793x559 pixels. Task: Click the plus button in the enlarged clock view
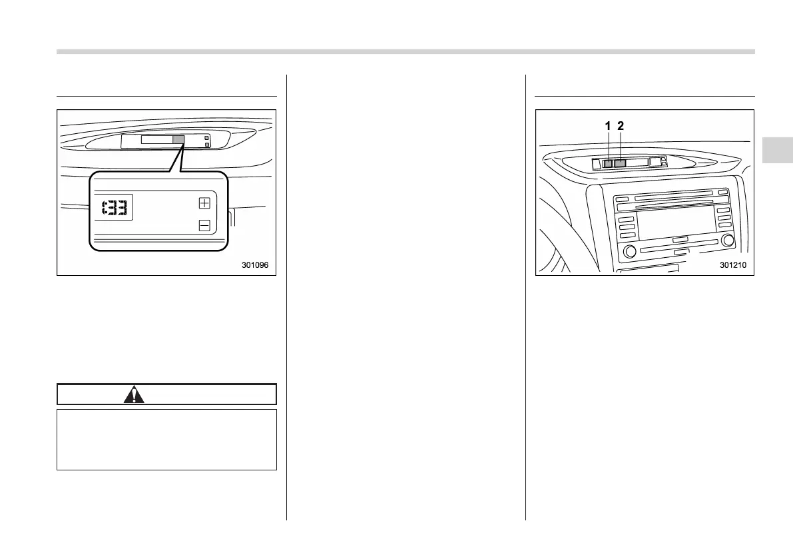pos(204,203)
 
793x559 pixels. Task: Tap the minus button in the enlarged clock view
pos(204,226)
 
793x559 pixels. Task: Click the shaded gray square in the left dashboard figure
pos(178,140)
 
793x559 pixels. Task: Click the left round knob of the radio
pos(628,251)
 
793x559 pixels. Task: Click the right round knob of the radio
pos(727,240)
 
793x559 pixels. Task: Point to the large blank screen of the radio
pos(676,221)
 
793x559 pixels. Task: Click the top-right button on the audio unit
pos(723,193)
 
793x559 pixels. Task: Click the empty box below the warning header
pos(166,440)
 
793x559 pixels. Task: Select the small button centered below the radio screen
pos(680,239)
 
